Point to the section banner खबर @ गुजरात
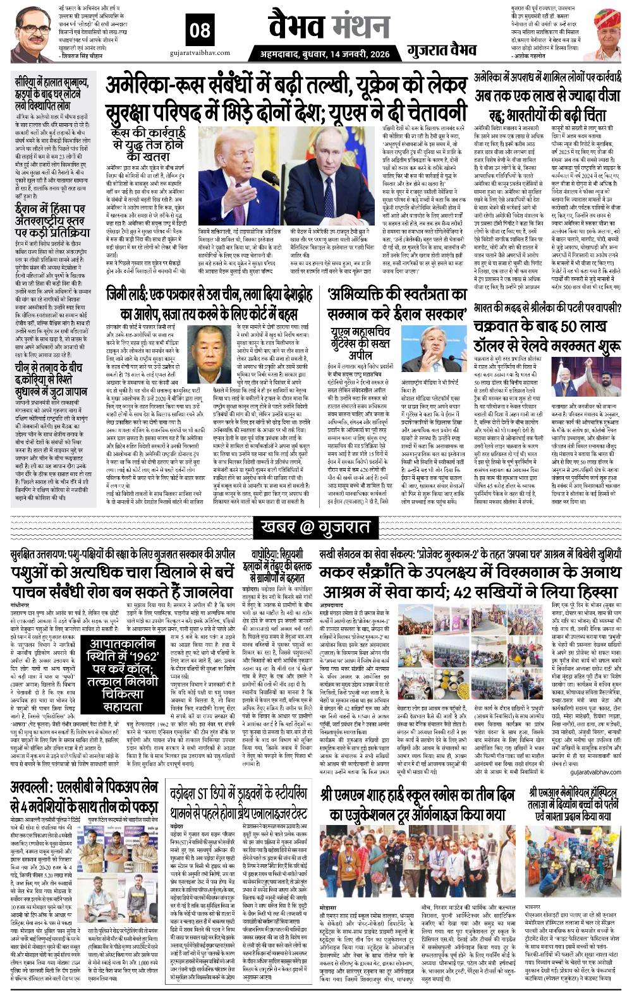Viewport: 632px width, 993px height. click(315, 527)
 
